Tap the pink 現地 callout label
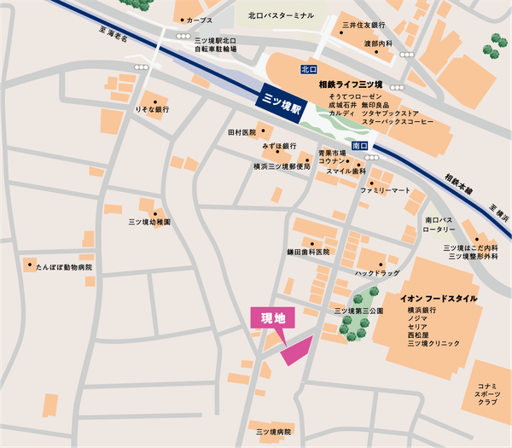pyautogui.click(x=272, y=317)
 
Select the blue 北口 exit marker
pyautogui.click(x=309, y=68)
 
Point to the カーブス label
pyautogui.click(x=200, y=20)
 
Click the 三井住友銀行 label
pyautogui.click(x=364, y=26)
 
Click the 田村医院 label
pyautogui.click(x=241, y=133)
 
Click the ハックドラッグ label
pyautogui.click(x=378, y=273)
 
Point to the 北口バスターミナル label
pyautogui.click(x=280, y=15)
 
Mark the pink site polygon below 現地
pyautogui.click(x=297, y=350)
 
